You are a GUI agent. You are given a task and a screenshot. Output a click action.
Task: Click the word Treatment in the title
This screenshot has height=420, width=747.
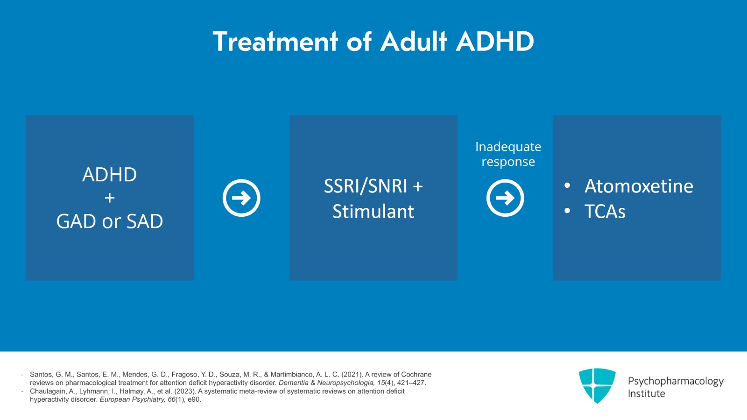point(275,42)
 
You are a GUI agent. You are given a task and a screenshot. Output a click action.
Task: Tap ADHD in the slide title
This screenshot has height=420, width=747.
point(495,42)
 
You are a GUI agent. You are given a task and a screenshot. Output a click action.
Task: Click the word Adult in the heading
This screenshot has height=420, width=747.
point(414,42)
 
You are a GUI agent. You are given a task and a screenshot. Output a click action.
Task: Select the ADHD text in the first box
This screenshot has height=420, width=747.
point(109,175)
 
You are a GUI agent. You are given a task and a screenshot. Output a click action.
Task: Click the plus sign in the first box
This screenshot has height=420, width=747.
point(110,198)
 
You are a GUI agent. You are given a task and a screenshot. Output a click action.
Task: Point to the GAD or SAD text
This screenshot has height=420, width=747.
point(110,221)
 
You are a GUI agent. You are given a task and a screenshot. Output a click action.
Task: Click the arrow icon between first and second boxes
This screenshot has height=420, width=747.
point(241,198)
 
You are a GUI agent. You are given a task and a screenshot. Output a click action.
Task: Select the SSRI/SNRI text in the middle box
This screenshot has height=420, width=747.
point(366,186)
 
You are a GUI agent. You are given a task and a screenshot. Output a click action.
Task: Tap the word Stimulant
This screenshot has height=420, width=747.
point(373,212)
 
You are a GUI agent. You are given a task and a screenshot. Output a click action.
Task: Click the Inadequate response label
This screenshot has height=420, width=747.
point(508,154)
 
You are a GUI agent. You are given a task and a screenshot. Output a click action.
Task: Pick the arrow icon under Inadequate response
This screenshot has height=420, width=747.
point(505,198)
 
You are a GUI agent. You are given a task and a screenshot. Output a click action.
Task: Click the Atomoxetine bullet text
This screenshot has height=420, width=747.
point(639,186)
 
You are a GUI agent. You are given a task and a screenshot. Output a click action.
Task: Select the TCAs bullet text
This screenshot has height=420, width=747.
point(605,212)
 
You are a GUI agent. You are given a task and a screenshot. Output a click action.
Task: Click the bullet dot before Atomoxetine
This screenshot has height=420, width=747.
point(567,186)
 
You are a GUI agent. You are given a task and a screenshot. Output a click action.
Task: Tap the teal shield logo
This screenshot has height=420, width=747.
point(597,385)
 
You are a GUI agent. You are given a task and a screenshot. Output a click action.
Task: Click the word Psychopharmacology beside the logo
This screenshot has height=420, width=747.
point(675,381)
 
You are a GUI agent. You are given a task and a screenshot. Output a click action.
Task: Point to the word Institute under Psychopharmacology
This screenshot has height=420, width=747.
point(646,394)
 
